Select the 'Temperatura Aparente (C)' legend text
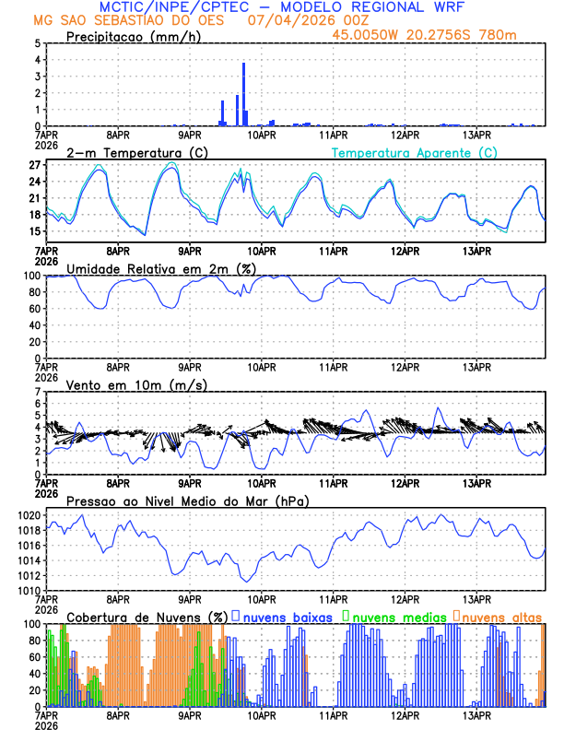(x=414, y=152)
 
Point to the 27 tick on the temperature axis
(x=38, y=165)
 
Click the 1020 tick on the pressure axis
(x=29, y=515)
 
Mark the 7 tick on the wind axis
(x=38, y=392)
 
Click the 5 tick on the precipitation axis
(x=38, y=43)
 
